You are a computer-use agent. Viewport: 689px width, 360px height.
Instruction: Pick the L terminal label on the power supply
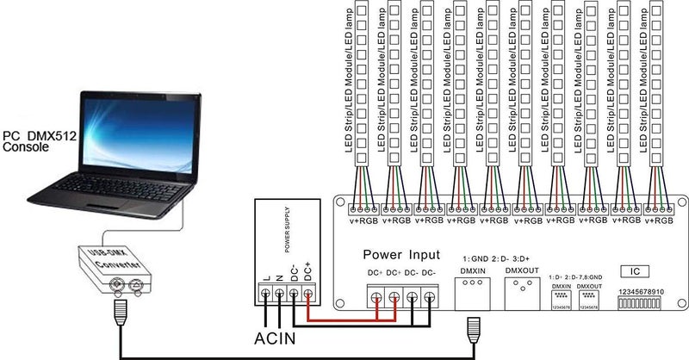tap(265, 276)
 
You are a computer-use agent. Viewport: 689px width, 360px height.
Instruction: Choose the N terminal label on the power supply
tap(279, 276)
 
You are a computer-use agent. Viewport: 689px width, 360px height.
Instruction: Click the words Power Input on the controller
tap(400, 255)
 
